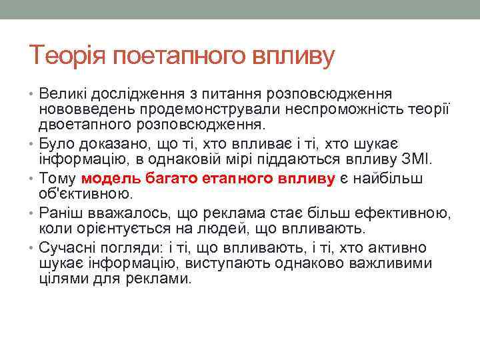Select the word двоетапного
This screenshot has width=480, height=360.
pyautogui.click(x=83, y=125)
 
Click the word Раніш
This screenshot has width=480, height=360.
pyautogui.click(x=60, y=213)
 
